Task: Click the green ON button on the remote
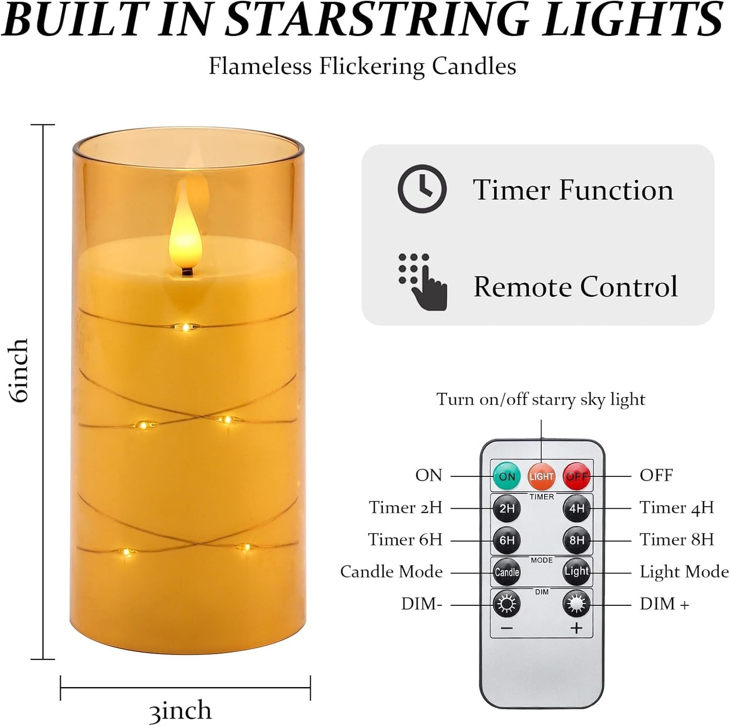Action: (x=507, y=476)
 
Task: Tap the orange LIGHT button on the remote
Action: (x=542, y=476)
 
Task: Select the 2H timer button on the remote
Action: (x=507, y=508)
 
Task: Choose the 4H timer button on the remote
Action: (x=576, y=508)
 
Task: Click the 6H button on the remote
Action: (x=507, y=540)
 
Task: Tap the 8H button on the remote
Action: (x=576, y=540)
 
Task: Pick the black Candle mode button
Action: (x=507, y=572)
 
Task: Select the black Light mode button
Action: (x=576, y=572)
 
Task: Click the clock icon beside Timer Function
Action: (x=422, y=188)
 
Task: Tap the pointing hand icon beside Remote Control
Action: (x=423, y=281)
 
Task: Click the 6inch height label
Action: (x=20, y=370)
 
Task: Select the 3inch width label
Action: (x=180, y=710)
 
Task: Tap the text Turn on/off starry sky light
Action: (x=541, y=399)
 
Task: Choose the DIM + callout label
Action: (x=664, y=604)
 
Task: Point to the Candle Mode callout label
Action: (x=392, y=571)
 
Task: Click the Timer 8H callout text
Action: (x=676, y=539)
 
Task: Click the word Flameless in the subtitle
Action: (x=260, y=66)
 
